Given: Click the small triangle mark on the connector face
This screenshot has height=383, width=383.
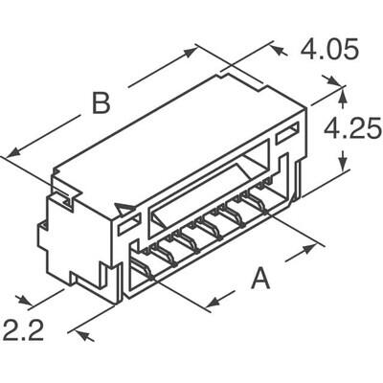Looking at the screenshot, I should pyautogui.click(x=124, y=210).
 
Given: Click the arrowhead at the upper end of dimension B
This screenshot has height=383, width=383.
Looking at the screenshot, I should pyautogui.click(x=195, y=49).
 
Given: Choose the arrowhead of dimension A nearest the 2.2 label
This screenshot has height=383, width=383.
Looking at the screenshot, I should pyautogui.click(x=208, y=306).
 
